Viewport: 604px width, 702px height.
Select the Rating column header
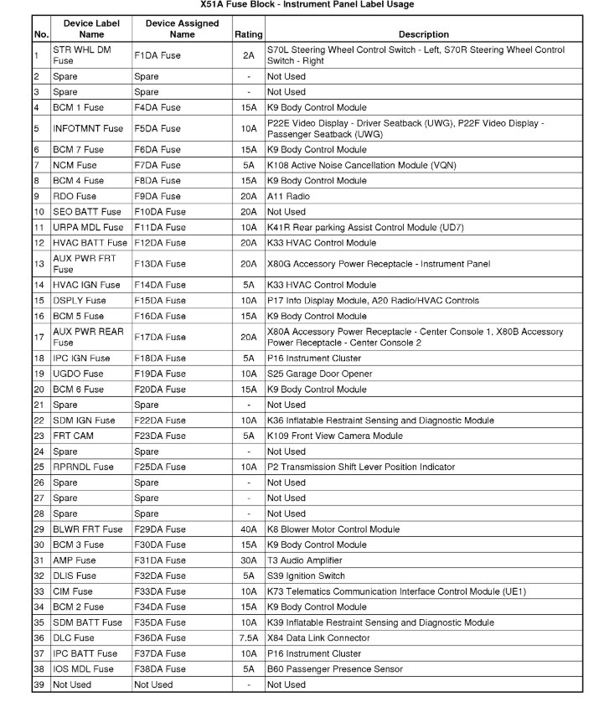coord(248,34)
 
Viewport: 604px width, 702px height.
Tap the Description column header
coord(423,34)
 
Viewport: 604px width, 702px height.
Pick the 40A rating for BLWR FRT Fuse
coord(248,529)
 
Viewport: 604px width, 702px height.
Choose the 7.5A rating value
coord(248,638)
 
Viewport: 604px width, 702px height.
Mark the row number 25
coord(39,467)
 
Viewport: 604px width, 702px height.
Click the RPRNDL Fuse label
coord(82,467)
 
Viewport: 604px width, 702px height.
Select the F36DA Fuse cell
coord(159,638)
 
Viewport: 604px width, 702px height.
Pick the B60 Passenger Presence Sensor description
coord(334,669)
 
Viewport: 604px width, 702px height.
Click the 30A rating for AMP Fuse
coord(248,560)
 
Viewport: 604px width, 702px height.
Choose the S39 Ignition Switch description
coord(307,576)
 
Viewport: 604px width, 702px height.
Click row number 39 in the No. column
coord(39,684)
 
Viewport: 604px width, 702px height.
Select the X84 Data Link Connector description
coord(317,638)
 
